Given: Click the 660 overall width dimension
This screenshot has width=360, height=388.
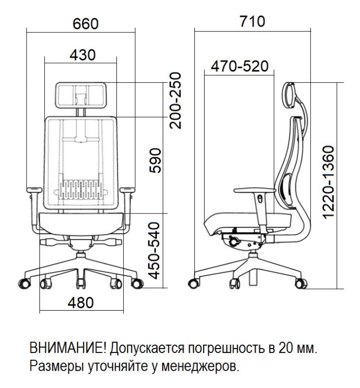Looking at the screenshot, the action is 86,24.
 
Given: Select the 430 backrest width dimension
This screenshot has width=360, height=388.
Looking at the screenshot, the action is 82,55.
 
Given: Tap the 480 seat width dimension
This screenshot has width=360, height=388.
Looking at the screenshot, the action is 81,302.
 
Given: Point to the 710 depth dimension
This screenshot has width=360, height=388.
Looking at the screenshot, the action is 252,21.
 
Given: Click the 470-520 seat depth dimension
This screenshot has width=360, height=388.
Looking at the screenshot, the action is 240,66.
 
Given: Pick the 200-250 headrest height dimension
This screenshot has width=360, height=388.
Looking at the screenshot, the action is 176,101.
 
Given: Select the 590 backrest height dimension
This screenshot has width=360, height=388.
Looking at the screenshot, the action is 155,161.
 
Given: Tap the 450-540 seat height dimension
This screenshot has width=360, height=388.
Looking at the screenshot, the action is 154,250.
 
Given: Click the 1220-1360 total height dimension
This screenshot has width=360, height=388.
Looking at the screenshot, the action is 328,182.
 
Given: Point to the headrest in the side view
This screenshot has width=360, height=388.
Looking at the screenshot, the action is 289,95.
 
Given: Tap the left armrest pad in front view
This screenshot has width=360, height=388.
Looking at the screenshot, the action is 35,190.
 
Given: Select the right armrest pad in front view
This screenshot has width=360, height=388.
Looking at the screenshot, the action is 127,190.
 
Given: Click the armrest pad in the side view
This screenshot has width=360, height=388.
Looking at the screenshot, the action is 254,190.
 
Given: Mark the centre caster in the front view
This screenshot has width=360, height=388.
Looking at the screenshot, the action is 81,283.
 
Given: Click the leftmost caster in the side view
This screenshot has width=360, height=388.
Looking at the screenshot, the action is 194,283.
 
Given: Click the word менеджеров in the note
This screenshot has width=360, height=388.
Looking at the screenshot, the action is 201,366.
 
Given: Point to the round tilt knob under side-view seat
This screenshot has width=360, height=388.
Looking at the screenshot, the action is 234,241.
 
